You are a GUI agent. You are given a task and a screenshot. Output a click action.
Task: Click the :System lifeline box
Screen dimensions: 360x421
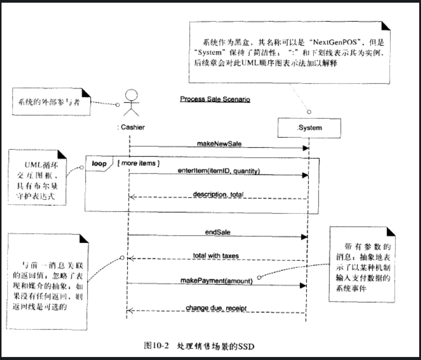pyautogui.click(x=309, y=128)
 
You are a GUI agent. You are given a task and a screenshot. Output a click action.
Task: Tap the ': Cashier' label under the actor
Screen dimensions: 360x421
pyautogui.click(x=131, y=127)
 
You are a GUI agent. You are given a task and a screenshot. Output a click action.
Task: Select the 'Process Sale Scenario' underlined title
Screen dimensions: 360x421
pyautogui.click(x=215, y=99)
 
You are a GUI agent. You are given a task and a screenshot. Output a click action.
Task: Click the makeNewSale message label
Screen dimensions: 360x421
pyautogui.click(x=219, y=144)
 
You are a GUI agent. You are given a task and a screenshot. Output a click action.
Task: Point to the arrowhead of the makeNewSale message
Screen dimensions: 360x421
pyautogui.click(x=305, y=148)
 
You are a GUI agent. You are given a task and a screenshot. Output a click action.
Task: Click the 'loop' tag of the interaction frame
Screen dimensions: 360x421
pyautogui.click(x=99, y=164)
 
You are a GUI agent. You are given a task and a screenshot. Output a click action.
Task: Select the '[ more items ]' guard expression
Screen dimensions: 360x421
pyautogui.click(x=138, y=163)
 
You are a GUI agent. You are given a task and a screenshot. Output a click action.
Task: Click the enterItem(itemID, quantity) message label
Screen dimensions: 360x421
pyautogui.click(x=219, y=171)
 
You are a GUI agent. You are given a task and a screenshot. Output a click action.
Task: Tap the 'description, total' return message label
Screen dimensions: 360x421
pyautogui.click(x=218, y=195)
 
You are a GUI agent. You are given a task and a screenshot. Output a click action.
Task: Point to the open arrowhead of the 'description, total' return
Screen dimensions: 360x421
pyautogui.click(x=131, y=197)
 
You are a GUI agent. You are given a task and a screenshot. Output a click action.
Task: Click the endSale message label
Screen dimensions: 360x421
pyautogui.click(x=218, y=232)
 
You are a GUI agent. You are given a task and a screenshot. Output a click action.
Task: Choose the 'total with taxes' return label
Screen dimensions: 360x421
pyautogui.click(x=216, y=256)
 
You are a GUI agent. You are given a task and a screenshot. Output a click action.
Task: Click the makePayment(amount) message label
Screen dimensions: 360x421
pyautogui.click(x=216, y=281)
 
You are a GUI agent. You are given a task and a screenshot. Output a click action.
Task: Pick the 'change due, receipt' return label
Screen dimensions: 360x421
pyautogui.click(x=216, y=308)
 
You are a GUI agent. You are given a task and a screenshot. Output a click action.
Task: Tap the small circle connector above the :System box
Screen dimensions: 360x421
pyautogui.click(x=309, y=112)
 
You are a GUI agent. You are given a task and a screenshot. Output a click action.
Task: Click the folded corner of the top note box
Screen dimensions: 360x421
pyautogui.click(x=385, y=26)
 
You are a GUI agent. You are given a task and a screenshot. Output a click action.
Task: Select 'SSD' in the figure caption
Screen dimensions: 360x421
pyautogui.click(x=246, y=347)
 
